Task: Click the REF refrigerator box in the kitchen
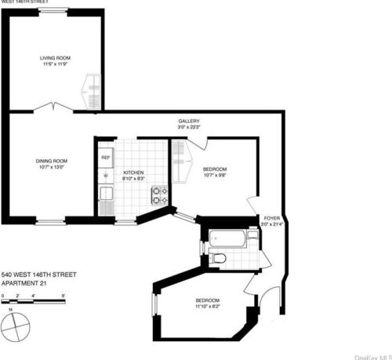click(x=105, y=157)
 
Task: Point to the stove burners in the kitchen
click(x=159, y=195)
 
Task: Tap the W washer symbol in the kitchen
click(x=105, y=176)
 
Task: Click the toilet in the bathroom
click(x=220, y=258)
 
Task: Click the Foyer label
click(x=271, y=220)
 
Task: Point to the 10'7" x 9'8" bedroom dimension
click(x=215, y=176)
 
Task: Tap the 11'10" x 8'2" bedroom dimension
click(x=208, y=307)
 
